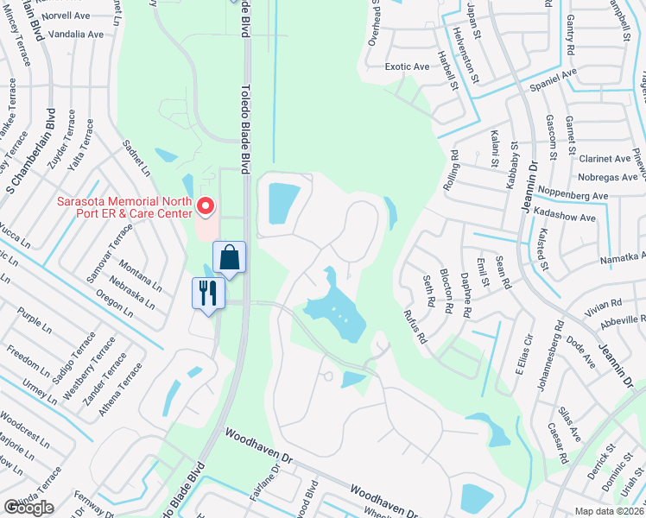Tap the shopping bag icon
[x=230, y=258]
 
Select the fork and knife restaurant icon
[x=207, y=294]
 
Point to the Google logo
[x=28, y=508]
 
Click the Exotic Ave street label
[x=408, y=66]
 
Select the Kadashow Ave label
[x=567, y=218]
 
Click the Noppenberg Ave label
[x=573, y=196]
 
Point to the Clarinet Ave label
[x=605, y=159]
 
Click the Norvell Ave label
[x=67, y=15]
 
